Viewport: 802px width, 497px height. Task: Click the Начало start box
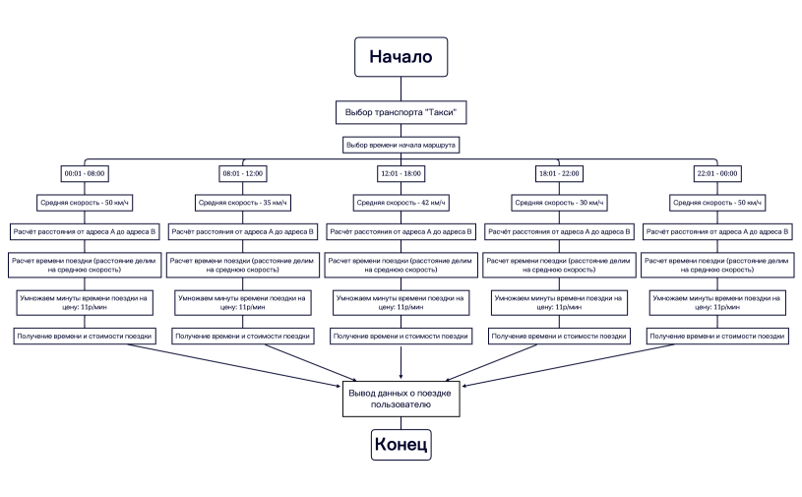point(401,56)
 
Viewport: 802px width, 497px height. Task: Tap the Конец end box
point(401,445)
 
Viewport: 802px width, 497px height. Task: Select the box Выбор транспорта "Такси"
point(401,112)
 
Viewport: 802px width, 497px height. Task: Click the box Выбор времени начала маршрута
point(401,145)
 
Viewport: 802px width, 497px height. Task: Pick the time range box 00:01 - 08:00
point(85,173)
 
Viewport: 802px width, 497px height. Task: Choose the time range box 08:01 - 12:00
point(242,173)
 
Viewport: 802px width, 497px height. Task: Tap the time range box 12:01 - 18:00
point(401,173)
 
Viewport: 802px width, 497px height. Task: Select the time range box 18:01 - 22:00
point(558,173)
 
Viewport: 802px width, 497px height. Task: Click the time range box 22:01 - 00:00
point(716,173)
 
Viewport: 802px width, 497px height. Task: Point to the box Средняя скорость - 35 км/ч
point(242,203)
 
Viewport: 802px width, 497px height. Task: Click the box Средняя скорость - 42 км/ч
point(401,203)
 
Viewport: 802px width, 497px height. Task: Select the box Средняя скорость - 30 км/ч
point(558,203)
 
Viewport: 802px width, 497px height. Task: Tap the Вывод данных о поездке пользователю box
point(401,399)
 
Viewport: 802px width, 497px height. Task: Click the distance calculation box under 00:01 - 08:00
point(85,233)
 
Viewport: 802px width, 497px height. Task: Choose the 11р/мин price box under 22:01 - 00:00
point(716,302)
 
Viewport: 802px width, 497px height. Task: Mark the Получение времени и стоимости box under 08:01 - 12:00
point(242,337)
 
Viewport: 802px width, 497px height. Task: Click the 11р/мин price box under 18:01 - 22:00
point(558,302)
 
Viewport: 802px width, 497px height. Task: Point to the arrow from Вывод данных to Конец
point(401,421)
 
